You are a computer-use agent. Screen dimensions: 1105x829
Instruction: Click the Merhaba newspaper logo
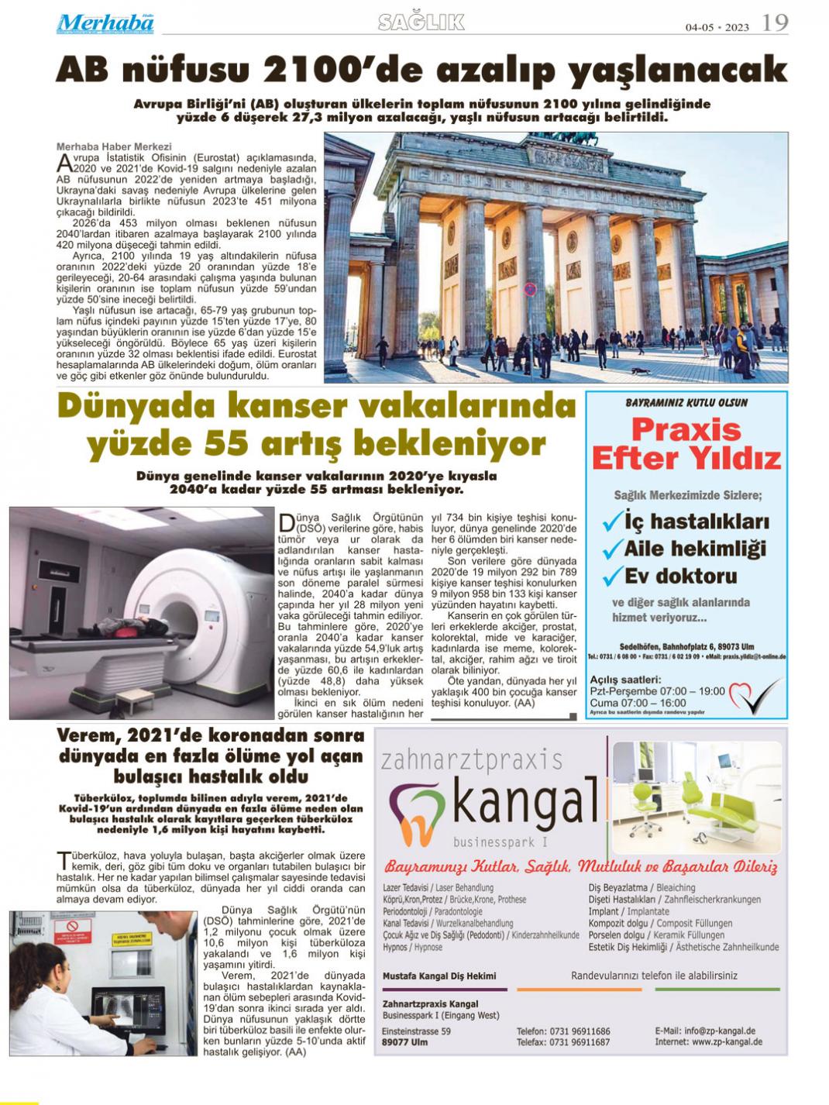(105, 23)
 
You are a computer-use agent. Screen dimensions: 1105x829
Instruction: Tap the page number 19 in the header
(775, 22)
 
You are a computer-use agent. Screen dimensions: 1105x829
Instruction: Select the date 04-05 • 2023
(717, 27)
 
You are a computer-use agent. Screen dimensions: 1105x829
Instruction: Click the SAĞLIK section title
(421, 22)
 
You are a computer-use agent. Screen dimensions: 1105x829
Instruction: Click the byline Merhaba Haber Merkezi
(114, 145)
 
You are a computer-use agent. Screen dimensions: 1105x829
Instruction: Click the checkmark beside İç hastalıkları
(612, 521)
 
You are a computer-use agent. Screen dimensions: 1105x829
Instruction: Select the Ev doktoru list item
(669, 576)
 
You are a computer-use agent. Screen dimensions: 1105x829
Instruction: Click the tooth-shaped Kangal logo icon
(419, 811)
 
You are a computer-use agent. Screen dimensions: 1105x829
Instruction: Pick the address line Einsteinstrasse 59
(416, 1031)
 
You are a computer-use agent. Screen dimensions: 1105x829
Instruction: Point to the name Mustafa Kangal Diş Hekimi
(439, 976)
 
